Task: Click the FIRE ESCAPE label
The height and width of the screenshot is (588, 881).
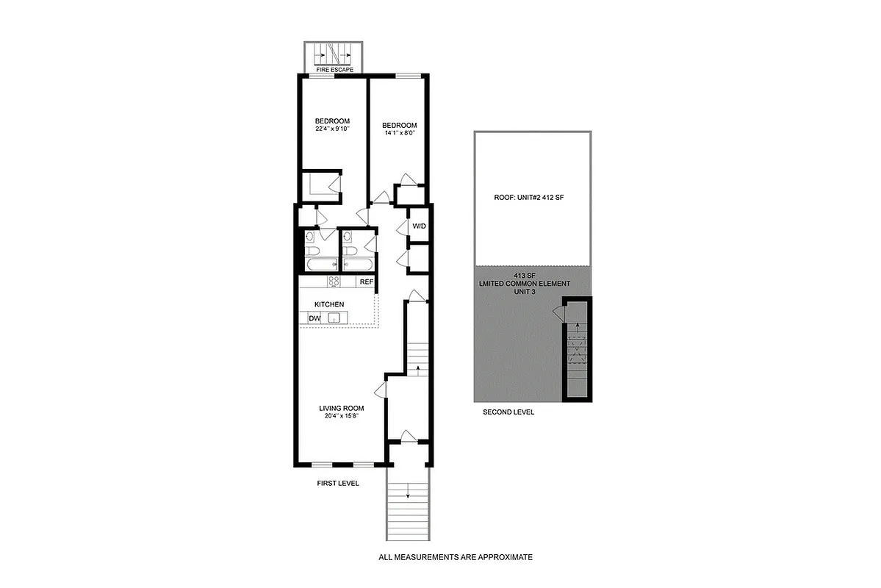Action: coord(335,70)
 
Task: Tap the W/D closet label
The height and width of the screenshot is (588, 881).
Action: coord(419,226)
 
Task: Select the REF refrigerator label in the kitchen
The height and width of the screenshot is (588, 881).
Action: coord(366,282)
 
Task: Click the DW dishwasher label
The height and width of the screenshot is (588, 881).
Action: coord(314,318)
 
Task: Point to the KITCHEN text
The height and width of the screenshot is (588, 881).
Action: coord(329,304)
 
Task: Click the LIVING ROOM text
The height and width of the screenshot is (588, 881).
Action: coord(341,409)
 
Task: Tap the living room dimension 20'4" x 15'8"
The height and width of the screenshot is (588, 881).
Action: coord(341,417)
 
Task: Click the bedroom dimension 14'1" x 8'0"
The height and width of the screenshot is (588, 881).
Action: coord(400,134)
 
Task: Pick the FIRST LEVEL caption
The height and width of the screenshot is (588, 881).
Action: coord(337,483)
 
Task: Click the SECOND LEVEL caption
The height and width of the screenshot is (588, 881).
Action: coord(508,412)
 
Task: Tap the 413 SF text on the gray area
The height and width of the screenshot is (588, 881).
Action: coord(533,275)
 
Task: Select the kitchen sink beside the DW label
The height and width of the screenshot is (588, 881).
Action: coord(334,318)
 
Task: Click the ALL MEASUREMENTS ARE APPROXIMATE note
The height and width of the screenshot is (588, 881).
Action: coord(455,557)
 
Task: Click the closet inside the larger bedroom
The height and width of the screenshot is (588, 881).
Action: coord(322,184)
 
